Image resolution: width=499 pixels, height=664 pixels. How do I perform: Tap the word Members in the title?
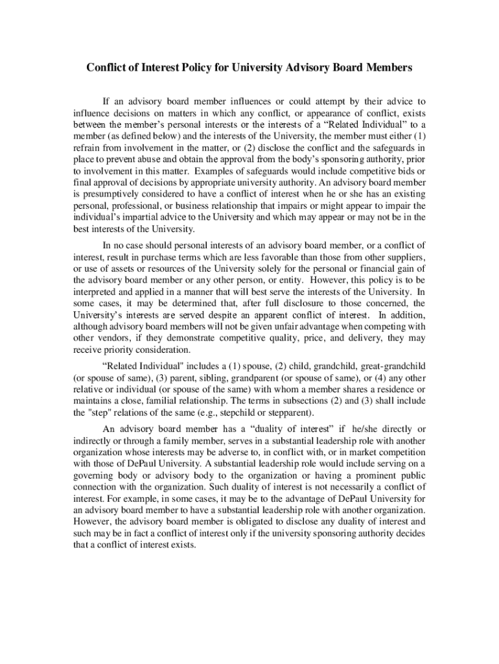pos(386,68)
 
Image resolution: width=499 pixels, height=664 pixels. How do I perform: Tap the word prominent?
pos(363,476)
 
